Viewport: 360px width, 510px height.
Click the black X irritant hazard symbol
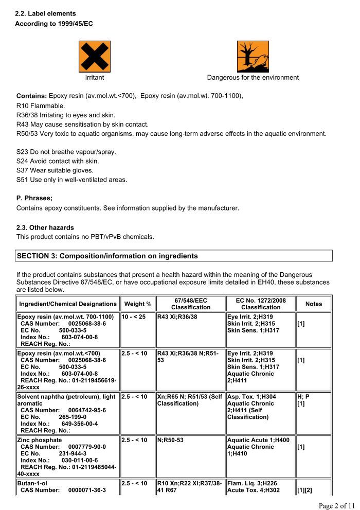point(95,57)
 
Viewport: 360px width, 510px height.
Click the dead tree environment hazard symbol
point(253,57)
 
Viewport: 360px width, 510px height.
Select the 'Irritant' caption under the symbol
point(95,78)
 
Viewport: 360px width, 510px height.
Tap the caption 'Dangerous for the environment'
point(253,78)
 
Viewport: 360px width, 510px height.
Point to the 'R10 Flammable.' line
point(41,105)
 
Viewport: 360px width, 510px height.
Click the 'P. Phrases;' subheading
point(34,198)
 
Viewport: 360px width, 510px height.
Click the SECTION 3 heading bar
point(174,256)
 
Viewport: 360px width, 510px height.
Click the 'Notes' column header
point(313,304)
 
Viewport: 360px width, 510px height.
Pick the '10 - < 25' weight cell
point(133,316)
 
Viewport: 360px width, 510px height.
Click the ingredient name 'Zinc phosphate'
point(40,441)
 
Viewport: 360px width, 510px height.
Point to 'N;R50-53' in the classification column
point(170,441)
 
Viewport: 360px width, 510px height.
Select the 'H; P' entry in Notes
point(302,397)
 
